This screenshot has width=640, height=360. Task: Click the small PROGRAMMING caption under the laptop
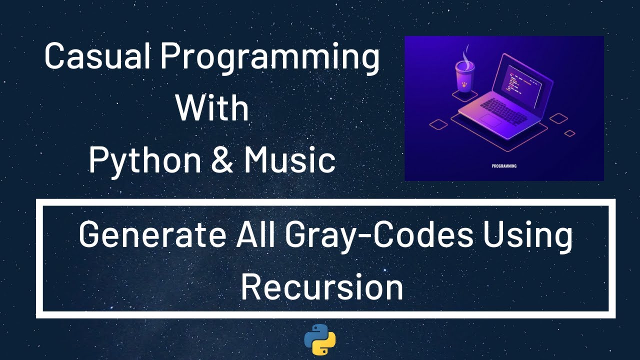click(x=504, y=166)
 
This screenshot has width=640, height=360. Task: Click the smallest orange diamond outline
click(x=569, y=133)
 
